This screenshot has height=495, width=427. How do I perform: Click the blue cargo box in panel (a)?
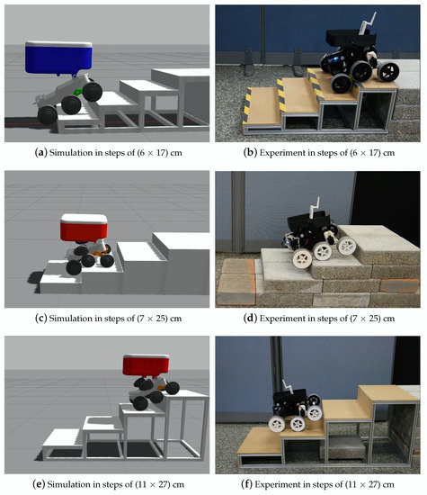tap(58, 58)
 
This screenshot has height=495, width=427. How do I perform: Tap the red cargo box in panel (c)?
tap(84, 228)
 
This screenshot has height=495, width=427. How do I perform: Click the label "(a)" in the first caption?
tap(41, 153)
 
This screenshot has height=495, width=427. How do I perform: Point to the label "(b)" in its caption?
tap(251, 153)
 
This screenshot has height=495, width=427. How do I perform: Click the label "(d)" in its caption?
tap(251, 319)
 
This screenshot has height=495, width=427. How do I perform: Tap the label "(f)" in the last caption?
tap(247, 484)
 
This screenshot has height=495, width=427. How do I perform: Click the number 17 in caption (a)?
tap(162, 153)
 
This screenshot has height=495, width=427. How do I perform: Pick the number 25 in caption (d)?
tap(373, 319)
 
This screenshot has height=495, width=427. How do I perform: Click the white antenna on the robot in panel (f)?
tap(288, 387)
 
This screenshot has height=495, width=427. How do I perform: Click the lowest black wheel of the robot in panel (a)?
tap(48, 115)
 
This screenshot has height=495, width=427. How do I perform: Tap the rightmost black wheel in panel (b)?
tap(388, 72)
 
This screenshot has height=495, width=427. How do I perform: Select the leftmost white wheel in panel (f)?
tap(277, 423)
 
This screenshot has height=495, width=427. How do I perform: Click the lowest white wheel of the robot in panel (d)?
tap(302, 258)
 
